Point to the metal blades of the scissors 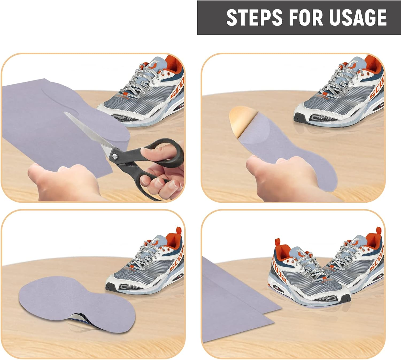tap(88, 131)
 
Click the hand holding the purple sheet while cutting tap(64, 182)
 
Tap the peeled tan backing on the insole tap(239, 120)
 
